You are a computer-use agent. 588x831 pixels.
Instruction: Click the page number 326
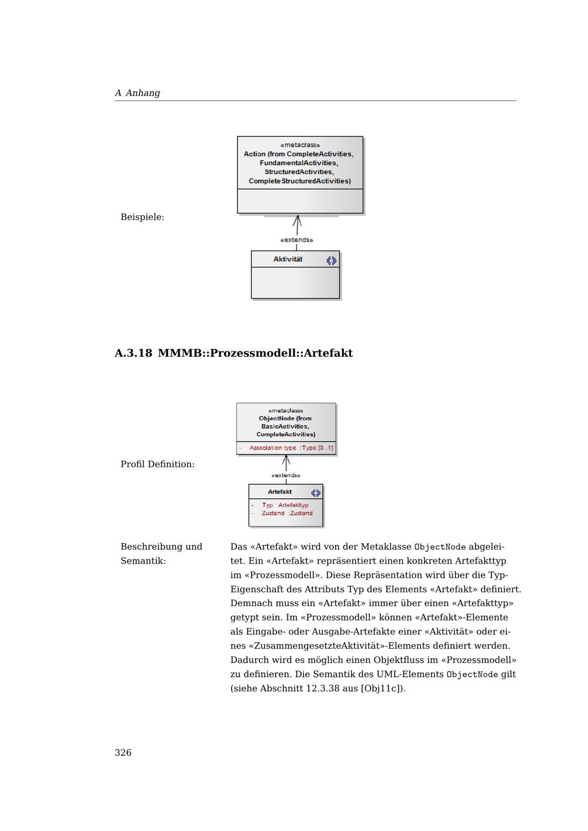pyautogui.click(x=123, y=753)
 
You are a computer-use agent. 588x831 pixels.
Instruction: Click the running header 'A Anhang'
pyautogui.click(x=138, y=93)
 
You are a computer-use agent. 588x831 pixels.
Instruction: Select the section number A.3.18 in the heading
pyautogui.click(x=133, y=353)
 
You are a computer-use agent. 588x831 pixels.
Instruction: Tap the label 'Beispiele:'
pyautogui.click(x=142, y=217)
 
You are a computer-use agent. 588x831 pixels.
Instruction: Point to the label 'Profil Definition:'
pyautogui.click(x=158, y=464)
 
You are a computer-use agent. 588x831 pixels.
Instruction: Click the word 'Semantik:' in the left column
pyautogui.click(x=143, y=561)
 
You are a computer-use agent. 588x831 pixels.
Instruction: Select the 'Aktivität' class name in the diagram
pyautogui.click(x=288, y=259)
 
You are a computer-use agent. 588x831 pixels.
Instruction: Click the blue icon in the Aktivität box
pyautogui.click(x=332, y=260)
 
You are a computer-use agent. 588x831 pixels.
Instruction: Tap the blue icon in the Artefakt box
pyautogui.click(x=316, y=492)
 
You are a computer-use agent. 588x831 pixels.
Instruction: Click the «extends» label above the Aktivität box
pyautogui.click(x=297, y=240)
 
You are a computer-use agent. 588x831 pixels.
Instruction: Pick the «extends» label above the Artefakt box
pyautogui.click(x=286, y=475)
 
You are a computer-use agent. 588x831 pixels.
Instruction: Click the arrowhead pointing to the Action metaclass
pyautogui.click(x=298, y=220)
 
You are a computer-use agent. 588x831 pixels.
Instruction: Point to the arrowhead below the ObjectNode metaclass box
pyautogui.click(x=286, y=459)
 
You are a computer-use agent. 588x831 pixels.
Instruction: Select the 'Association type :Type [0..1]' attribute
pyautogui.click(x=290, y=448)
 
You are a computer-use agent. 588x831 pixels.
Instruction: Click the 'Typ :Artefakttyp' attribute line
pyautogui.click(x=285, y=505)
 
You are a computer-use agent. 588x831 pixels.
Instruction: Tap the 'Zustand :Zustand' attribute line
pyautogui.click(x=287, y=513)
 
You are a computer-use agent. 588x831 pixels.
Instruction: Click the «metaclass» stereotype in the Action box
pyautogui.click(x=300, y=145)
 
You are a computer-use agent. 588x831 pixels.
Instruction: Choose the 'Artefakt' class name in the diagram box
pyautogui.click(x=280, y=492)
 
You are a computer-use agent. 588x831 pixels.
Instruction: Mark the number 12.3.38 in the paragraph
pyautogui.click(x=323, y=688)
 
